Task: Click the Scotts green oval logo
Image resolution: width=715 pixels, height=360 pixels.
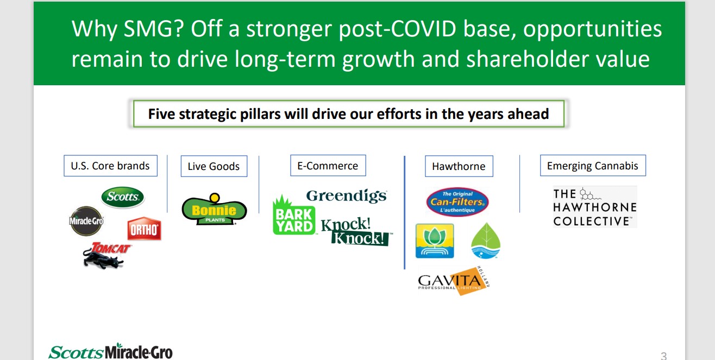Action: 123,197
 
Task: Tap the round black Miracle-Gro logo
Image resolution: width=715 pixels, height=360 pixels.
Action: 86,220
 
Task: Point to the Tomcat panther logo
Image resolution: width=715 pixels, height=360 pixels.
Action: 106,255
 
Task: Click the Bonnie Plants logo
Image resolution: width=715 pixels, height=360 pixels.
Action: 214,210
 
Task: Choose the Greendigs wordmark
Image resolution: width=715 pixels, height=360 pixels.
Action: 347,195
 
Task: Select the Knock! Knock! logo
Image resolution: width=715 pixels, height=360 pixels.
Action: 356,232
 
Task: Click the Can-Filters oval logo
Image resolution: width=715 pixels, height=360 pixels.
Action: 457,202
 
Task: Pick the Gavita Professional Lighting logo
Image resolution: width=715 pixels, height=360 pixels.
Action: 454,281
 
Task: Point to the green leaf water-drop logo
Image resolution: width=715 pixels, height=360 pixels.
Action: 486,241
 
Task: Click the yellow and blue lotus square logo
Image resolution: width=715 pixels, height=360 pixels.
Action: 435,241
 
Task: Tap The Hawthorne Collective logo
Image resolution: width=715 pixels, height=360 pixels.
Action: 595,207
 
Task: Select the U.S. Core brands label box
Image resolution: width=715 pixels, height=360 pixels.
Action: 110,166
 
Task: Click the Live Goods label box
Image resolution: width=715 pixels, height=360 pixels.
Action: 214,166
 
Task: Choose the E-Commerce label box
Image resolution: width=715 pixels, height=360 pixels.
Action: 328,166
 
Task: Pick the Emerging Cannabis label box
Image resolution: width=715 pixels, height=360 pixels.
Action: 593,166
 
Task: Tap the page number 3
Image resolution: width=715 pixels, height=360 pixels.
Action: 663,356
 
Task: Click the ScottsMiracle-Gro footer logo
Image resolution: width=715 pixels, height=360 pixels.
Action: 110,351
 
